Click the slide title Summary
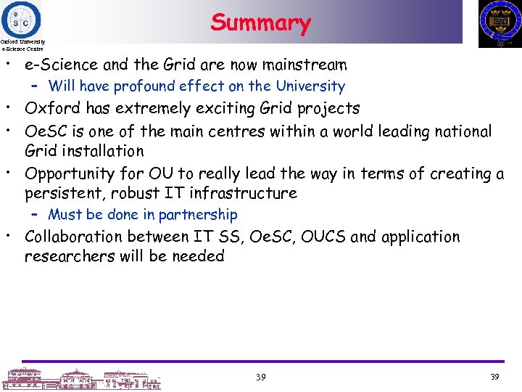coord(260,23)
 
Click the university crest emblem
coord(500,23)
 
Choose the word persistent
coord(64,193)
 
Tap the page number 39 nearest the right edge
coord(495,377)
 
